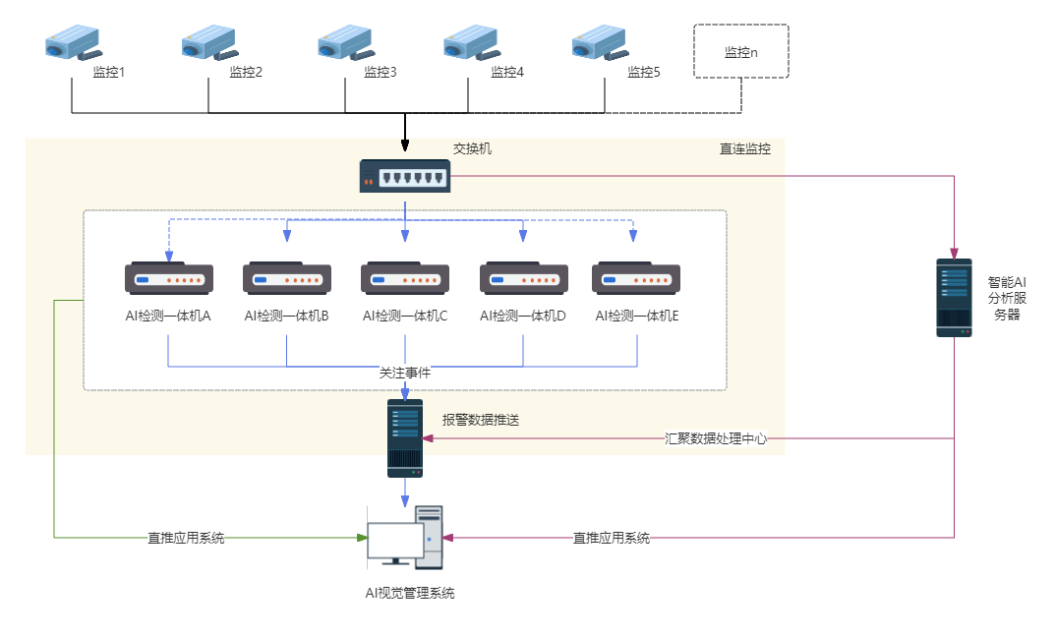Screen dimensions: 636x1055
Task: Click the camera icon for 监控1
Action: pyautogui.click(x=73, y=43)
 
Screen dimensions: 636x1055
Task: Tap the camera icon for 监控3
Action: pyautogui.click(x=344, y=43)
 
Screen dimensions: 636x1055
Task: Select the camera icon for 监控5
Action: pyautogui.click(x=600, y=43)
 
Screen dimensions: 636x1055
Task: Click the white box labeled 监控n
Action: pyautogui.click(x=740, y=52)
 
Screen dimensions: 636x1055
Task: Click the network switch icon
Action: pyautogui.click(x=404, y=177)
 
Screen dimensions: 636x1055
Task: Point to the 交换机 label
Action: pyautogui.click(x=472, y=149)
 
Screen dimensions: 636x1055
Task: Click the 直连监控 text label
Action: pyautogui.click(x=745, y=149)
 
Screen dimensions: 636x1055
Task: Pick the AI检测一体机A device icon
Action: pyautogui.click(x=169, y=278)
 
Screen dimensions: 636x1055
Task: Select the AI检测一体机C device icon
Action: pyautogui.click(x=405, y=278)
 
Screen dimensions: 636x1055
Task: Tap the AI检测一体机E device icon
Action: pyautogui.click(x=637, y=278)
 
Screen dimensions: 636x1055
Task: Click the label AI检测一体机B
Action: pyautogui.click(x=286, y=316)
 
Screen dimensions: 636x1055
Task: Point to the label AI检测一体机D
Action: pyautogui.click(x=522, y=316)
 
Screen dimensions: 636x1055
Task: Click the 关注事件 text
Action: pyautogui.click(x=405, y=374)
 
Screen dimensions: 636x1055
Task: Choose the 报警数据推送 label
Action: pyautogui.click(x=481, y=420)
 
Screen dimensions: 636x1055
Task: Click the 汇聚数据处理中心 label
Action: pyautogui.click(x=715, y=438)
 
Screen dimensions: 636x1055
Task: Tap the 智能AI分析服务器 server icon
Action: pyautogui.click(x=954, y=298)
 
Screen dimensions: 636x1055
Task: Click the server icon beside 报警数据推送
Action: pyautogui.click(x=405, y=438)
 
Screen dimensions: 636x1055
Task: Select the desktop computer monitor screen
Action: pyautogui.click(x=395, y=540)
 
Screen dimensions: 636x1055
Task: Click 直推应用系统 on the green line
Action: pyautogui.click(x=186, y=538)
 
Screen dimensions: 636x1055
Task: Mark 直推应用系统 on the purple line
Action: pyautogui.click(x=612, y=538)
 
